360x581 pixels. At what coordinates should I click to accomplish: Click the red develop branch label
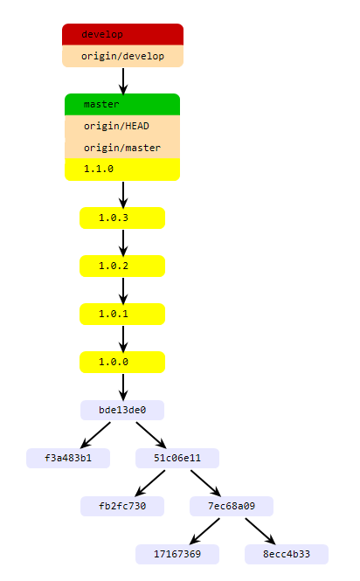pyautogui.click(x=122, y=34)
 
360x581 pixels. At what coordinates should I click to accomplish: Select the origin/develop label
pyautogui.click(x=122, y=56)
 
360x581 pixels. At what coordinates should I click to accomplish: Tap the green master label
pyautogui.click(x=122, y=105)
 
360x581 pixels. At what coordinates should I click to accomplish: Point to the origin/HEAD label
pyautogui.click(x=122, y=126)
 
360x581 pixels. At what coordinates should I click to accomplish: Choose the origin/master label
pyautogui.click(x=122, y=148)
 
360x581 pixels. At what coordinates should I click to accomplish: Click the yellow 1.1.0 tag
pyautogui.click(x=122, y=169)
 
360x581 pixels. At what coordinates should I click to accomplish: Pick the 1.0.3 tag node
pyautogui.click(x=122, y=218)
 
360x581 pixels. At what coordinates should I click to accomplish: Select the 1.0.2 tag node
pyautogui.click(x=122, y=266)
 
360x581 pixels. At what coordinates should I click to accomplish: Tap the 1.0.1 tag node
pyautogui.click(x=122, y=315)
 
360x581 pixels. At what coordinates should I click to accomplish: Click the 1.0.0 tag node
pyautogui.click(x=122, y=362)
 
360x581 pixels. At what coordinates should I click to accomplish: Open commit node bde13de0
pyautogui.click(x=122, y=410)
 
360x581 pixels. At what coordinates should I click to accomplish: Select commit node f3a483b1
pyautogui.click(x=68, y=459)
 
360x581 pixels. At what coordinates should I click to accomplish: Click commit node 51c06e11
pyautogui.click(x=177, y=459)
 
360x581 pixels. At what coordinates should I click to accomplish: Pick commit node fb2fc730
pyautogui.click(x=122, y=506)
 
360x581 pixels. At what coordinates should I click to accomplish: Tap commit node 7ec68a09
pyautogui.click(x=232, y=506)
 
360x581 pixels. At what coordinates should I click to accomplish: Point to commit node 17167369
pyautogui.click(x=177, y=554)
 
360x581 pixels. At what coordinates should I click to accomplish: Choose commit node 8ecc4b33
pyautogui.click(x=287, y=554)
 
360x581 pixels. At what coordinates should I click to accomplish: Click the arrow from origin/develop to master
pyautogui.click(x=123, y=81)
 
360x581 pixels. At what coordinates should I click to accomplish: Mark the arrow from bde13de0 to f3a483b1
pyautogui.click(x=95, y=435)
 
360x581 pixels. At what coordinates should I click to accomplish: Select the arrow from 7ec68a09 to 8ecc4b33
pyautogui.click(x=260, y=531)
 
